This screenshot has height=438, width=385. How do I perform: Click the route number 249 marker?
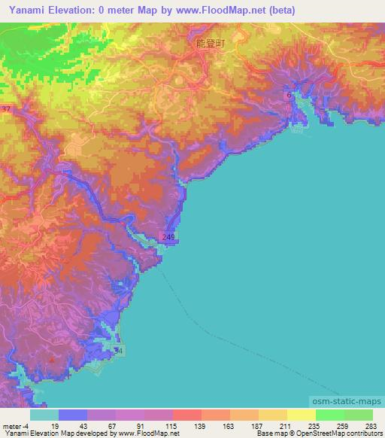tap(168, 238)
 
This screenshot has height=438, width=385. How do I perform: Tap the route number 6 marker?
tap(290, 96)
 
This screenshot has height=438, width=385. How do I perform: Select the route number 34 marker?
tap(117, 351)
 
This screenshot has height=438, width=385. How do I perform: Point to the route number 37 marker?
tap(6, 109)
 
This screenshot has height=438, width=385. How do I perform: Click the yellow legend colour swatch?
tap(301, 415)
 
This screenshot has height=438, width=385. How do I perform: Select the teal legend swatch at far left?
tap(44, 415)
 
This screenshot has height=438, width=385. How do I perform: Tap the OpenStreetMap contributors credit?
tap(341, 434)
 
